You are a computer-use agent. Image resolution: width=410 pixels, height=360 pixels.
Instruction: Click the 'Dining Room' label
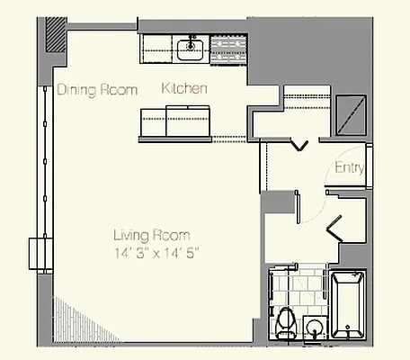(x=98, y=90)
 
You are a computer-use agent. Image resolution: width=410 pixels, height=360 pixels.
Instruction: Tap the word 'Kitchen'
(x=185, y=89)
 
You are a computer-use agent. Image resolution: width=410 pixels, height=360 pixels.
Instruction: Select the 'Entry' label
(x=348, y=168)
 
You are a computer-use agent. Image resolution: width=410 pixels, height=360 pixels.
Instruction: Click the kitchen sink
(x=191, y=49)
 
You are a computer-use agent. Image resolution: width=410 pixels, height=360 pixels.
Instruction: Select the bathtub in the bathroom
(x=348, y=306)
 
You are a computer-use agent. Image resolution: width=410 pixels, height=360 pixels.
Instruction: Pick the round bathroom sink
(x=315, y=326)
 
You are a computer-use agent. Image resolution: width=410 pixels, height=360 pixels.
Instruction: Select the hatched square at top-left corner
(x=56, y=36)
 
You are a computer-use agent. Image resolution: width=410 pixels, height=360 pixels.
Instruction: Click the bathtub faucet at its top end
(x=348, y=277)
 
